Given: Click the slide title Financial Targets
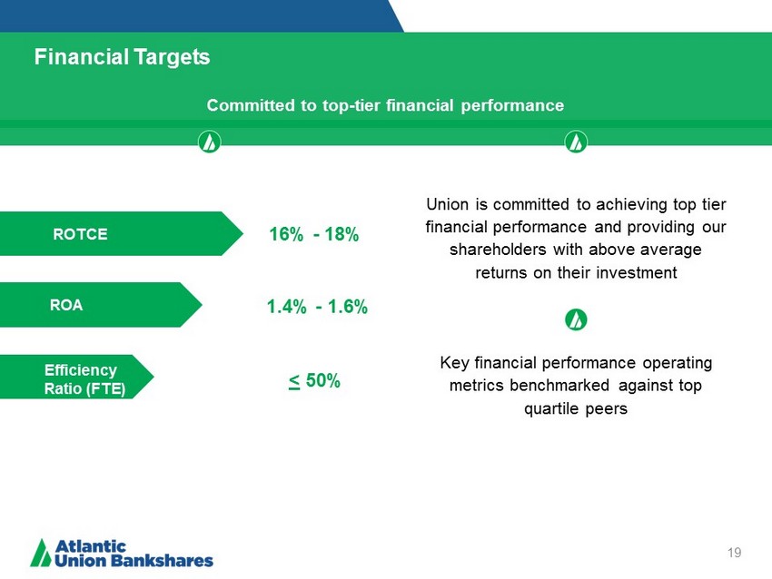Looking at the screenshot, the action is tap(122, 57).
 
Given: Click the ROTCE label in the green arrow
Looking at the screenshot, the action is tap(80, 234).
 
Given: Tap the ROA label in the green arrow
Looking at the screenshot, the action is tap(66, 305).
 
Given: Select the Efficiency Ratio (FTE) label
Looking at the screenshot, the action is tap(84, 379).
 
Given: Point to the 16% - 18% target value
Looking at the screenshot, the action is tap(313, 234).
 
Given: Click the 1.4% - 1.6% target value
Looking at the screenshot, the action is tap(317, 307).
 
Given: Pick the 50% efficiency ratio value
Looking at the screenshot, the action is tap(323, 380).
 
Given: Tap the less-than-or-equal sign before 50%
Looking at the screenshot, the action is tap(294, 382).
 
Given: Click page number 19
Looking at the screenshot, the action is tap(734, 553).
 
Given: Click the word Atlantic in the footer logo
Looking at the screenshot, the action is tap(91, 546).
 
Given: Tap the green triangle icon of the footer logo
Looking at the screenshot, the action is tap(41, 553).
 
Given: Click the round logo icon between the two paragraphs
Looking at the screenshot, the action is tap(576, 319).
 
